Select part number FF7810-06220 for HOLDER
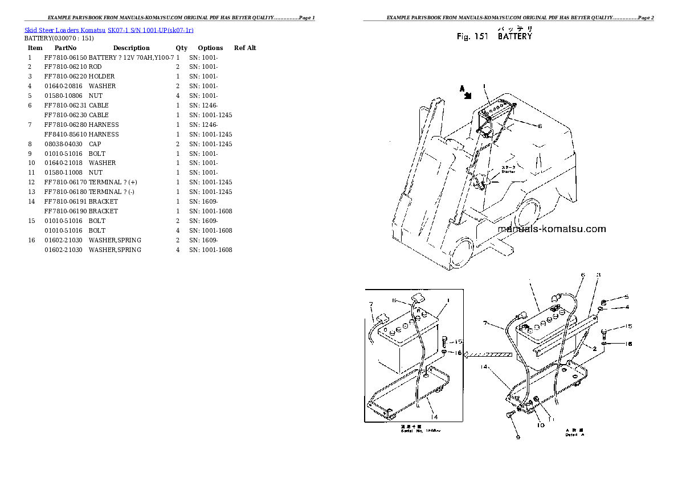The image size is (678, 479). [x=65, y=76]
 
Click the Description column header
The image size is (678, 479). [x=131, y=48]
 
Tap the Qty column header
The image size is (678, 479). [x=181, y=48]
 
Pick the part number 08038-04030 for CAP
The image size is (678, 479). [x=65, y=144]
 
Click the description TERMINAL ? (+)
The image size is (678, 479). [x=113, y=182]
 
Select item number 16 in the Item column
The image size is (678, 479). [x=32, y=240]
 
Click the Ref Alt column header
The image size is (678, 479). [x=245, y=48]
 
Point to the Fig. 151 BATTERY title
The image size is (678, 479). [x=494, y=36]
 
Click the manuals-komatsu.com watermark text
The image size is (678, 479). [x=552, y=229]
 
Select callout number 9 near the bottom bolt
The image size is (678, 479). [x=518, y=437]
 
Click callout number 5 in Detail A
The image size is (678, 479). [x=626, y=296]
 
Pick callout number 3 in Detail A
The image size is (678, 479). [x=598, y=275]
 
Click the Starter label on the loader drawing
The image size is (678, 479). [x=508, y=170]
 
